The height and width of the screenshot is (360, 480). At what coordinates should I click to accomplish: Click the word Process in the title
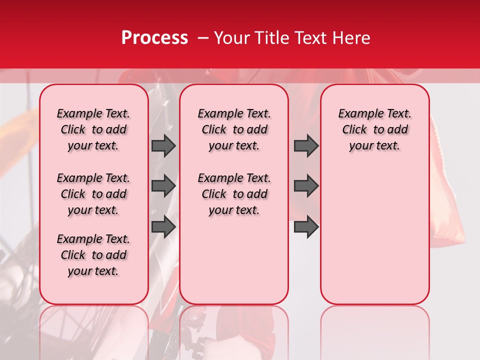(154, 38)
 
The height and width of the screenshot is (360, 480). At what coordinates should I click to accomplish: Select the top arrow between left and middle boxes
(163, 145)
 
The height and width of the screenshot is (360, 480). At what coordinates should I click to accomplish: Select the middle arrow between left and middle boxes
(163, 186)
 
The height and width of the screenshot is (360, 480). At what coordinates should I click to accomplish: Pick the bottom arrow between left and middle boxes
(163, 226)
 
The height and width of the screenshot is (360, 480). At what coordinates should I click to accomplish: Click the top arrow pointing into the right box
(306, 145)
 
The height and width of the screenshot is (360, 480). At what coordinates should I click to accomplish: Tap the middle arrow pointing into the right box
(306, 186)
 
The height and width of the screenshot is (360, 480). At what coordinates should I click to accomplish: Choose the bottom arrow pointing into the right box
(306, 226)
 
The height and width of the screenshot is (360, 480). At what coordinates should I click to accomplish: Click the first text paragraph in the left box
(93, 129)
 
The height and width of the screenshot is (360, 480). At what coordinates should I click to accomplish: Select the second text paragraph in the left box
(93, 194)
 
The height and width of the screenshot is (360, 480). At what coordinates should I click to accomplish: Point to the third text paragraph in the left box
(93, 255)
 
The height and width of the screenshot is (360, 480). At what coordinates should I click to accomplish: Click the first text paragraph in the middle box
(234, 129)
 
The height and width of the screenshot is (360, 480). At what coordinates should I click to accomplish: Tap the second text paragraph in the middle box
(234, 194)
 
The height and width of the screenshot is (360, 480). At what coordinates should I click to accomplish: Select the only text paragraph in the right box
(374, 129)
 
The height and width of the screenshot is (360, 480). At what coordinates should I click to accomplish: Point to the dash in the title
(203, 38)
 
